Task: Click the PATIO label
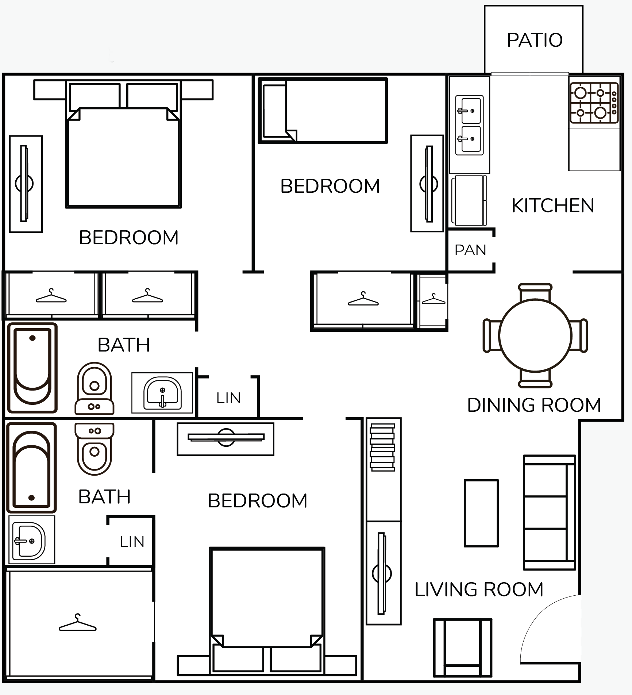point(535,40)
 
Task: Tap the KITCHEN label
point(553,206)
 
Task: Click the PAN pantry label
point(470,250)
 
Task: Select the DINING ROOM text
point(534,405)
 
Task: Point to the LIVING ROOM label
point(479,590)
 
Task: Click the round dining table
point(535,335)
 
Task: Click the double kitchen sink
point(470,125)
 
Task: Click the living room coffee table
point(481,513)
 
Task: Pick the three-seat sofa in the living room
point(550,512)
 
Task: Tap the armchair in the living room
point(463,648)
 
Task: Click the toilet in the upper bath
point(95,388)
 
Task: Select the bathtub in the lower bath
point(32,468)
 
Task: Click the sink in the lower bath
point(29,540)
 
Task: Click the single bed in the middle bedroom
point(323,110)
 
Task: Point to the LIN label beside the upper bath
point(228,398)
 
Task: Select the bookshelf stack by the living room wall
point(382,447)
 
